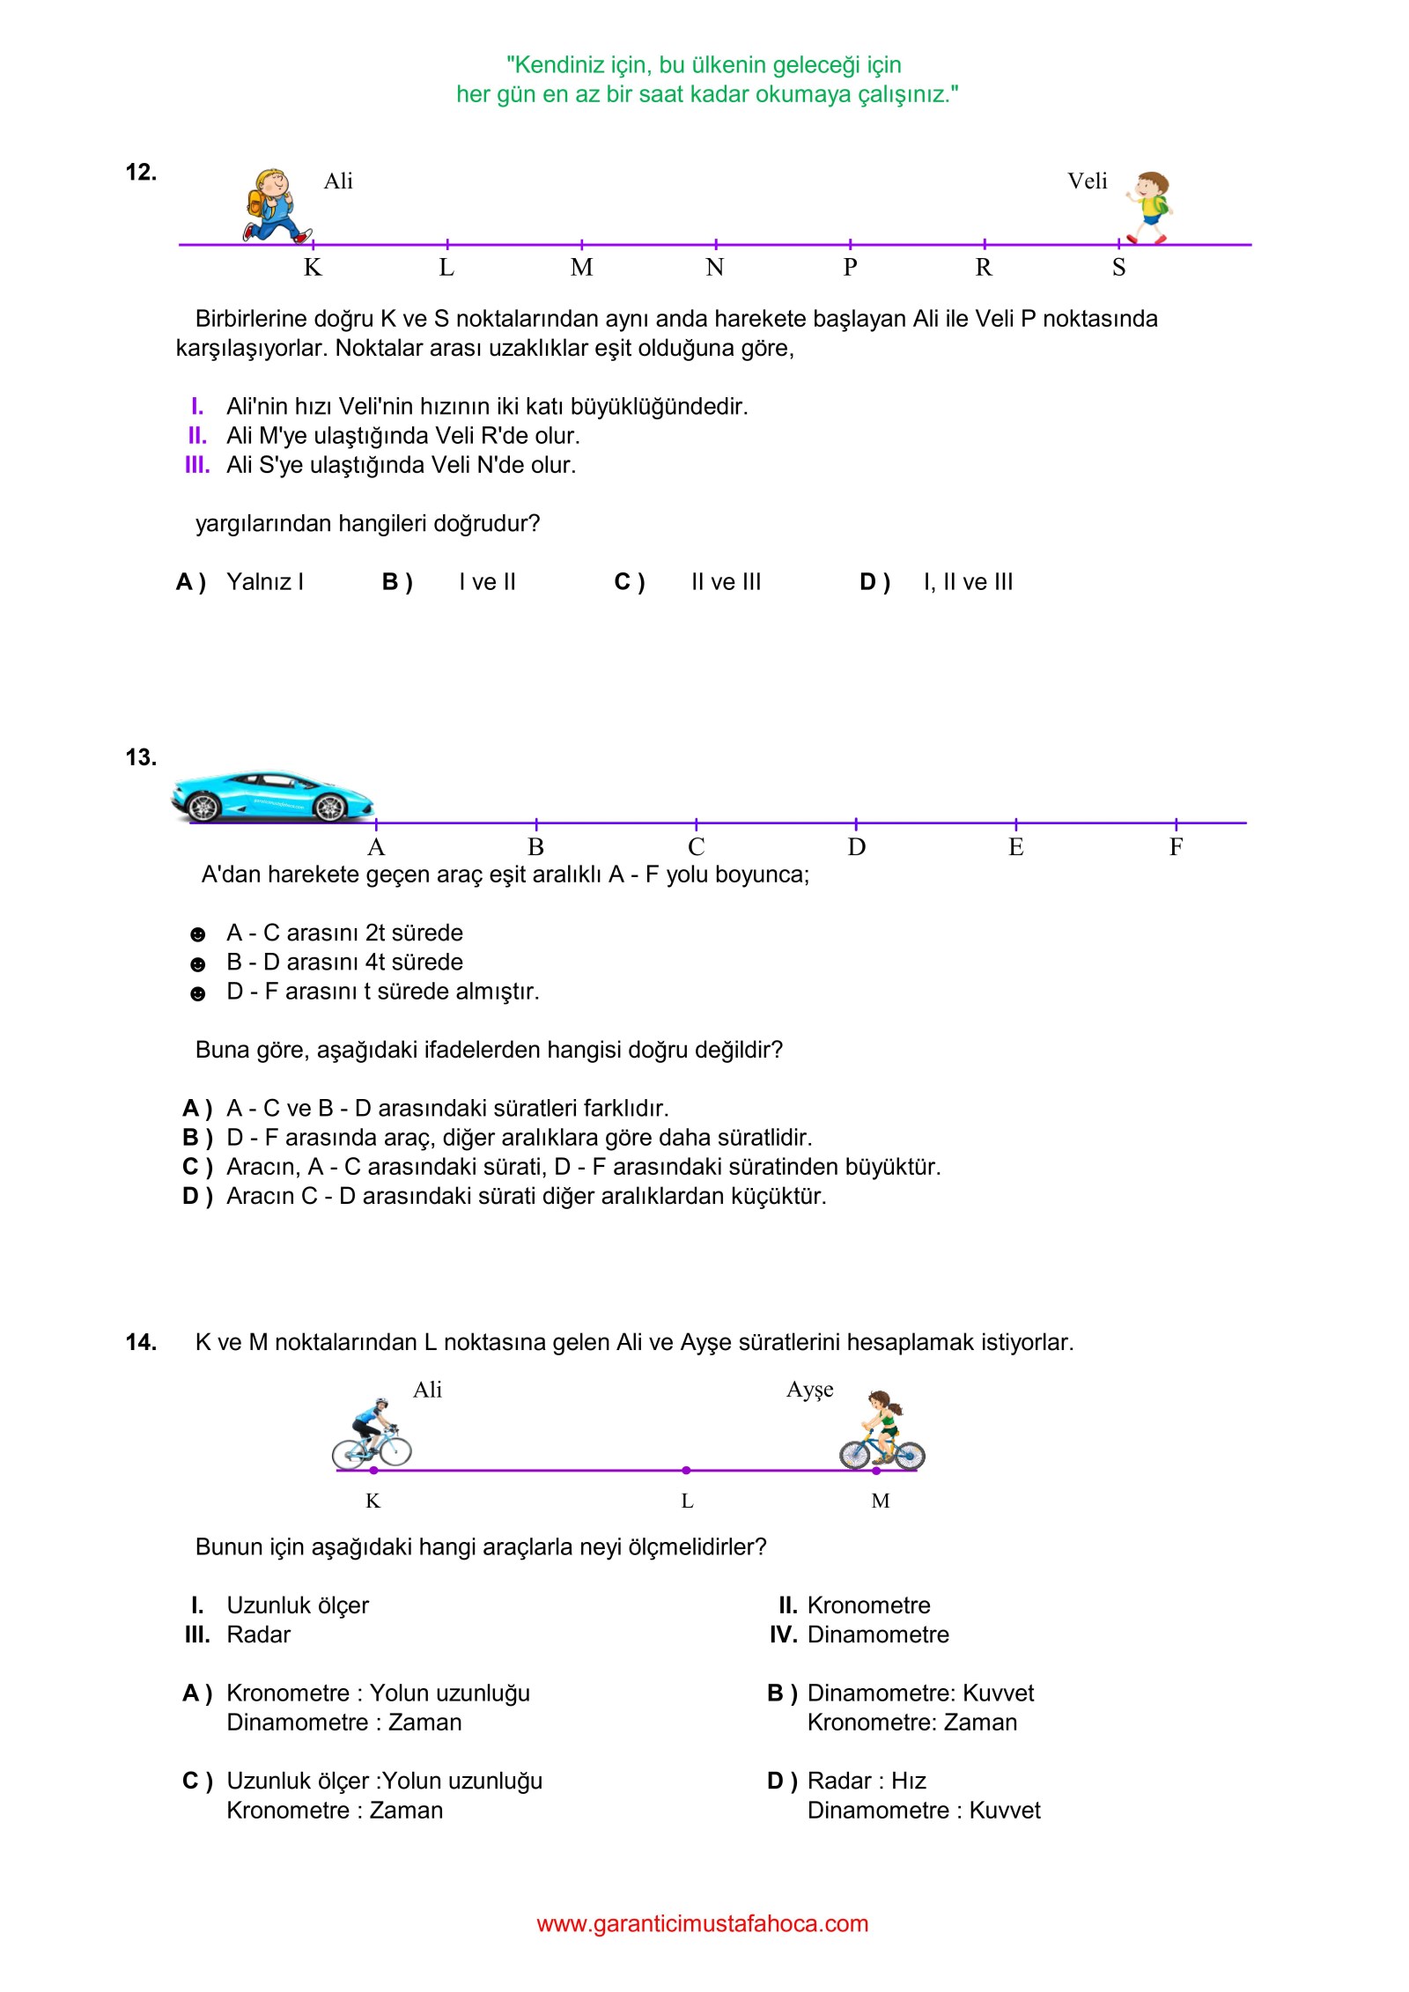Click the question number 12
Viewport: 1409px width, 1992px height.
(141, 173)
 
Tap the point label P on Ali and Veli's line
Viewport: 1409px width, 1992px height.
(850, 268)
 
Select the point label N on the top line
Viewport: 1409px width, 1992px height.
(715, 268)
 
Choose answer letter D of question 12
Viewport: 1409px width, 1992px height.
(874, 582)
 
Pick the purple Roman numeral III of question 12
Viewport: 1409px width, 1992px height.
(197, 465)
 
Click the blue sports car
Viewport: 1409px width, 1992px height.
(273, 794)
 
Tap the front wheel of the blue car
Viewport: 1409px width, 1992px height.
(331, 807)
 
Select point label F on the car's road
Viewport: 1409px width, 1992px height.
(1176, 847)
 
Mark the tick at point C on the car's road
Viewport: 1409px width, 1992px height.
(697, 823)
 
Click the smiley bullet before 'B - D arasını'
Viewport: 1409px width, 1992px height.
(198, 964)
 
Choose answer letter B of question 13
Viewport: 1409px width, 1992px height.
(196, 1138)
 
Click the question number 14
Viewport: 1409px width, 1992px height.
(141, 1342)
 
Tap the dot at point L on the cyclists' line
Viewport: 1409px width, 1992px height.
(686, 1470)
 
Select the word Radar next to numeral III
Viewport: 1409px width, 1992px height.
(258, 1634)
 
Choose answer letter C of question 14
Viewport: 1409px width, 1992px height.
(196, 1781)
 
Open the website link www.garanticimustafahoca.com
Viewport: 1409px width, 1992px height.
(703, 1923)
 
